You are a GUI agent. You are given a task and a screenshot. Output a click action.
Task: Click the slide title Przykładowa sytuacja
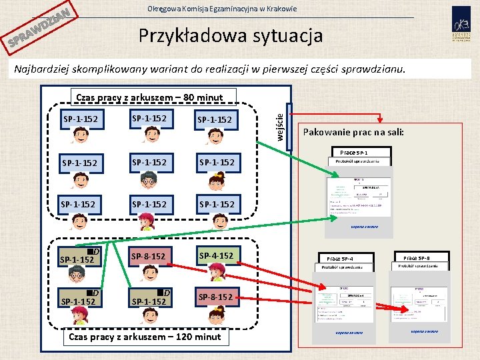click(230, 35)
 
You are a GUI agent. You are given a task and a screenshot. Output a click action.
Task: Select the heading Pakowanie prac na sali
click(354, 132)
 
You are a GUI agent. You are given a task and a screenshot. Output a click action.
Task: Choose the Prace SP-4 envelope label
click(340, 258)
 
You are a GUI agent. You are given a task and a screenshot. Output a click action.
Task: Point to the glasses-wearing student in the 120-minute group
click(77, 273)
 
